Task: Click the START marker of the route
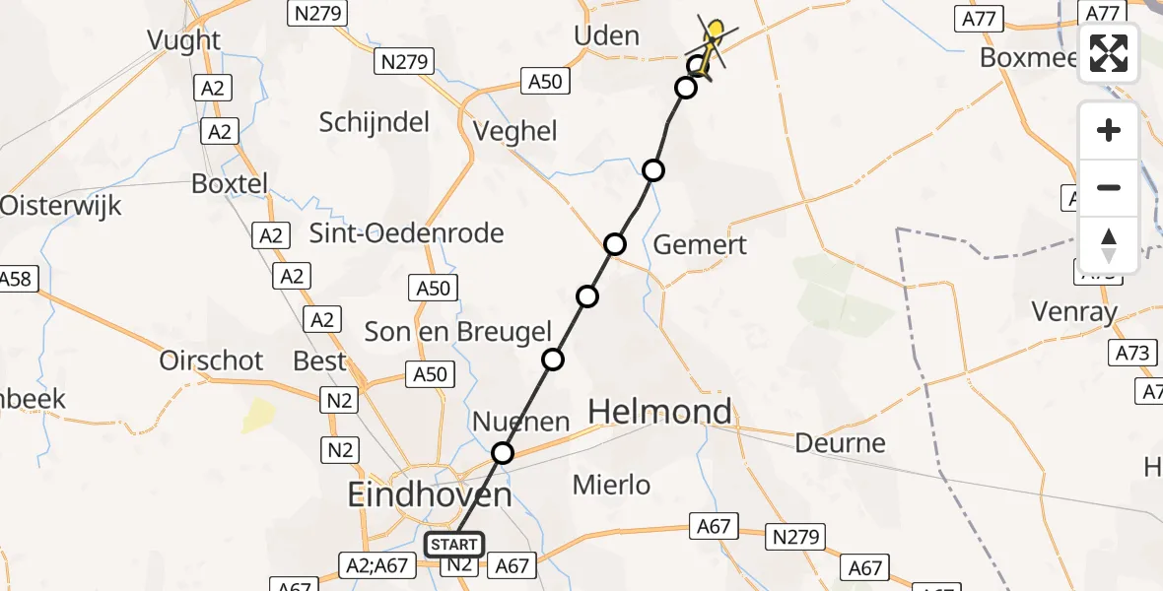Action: click(x=454, y=545)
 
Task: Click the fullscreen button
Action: click(x=1109, y=53)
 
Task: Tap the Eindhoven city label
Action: click(x=429, y=493)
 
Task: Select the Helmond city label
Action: click(x=659, y=412)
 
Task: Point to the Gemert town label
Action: click(x=701, y=244)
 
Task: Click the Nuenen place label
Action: click(x=521, y=423)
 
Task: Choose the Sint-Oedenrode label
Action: click(x=407, y=233)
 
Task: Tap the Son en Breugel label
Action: click(x=458, y=332)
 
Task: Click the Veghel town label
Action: click(x=515, y=131)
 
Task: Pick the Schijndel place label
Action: click(x=375, y=122)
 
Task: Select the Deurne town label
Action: click(x=841, y=443)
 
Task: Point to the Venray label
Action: click(x=1073, y=312)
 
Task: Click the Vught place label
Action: click(x=183, y=39)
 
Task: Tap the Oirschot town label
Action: click(x=212, y=361)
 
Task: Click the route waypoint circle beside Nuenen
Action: click(x=503, y=453)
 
